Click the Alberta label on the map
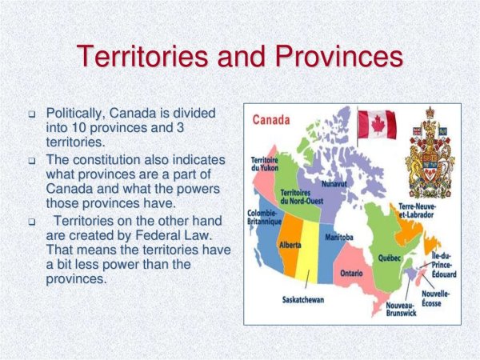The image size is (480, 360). (290, 245)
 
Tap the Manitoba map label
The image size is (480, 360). (339, 238)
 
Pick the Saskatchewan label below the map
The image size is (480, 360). (303, 301)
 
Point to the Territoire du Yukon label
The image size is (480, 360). (264, 165)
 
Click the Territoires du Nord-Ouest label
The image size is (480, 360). (302, 196)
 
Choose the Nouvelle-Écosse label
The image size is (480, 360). (436, 298)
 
